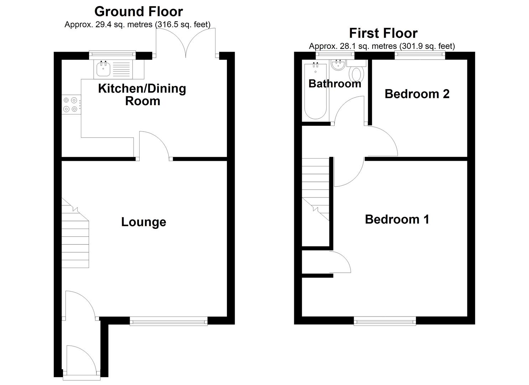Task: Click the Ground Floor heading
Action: (x=139, y=11)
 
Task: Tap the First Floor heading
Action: (x=383, y=33)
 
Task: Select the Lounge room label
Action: (x=144, y=222)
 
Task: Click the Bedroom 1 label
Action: (x=397, y=219)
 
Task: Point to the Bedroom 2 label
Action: (x=417, y=94)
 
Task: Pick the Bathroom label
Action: (x=334, y=83)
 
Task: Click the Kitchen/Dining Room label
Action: (x=142, y=94)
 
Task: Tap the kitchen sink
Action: (x=104, y=69)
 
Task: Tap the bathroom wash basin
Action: (x=337, y=65)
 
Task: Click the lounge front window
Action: (x=168, y=322)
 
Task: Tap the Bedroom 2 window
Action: (x=420, y=55)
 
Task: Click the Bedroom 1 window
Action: (x=385, y=322)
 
